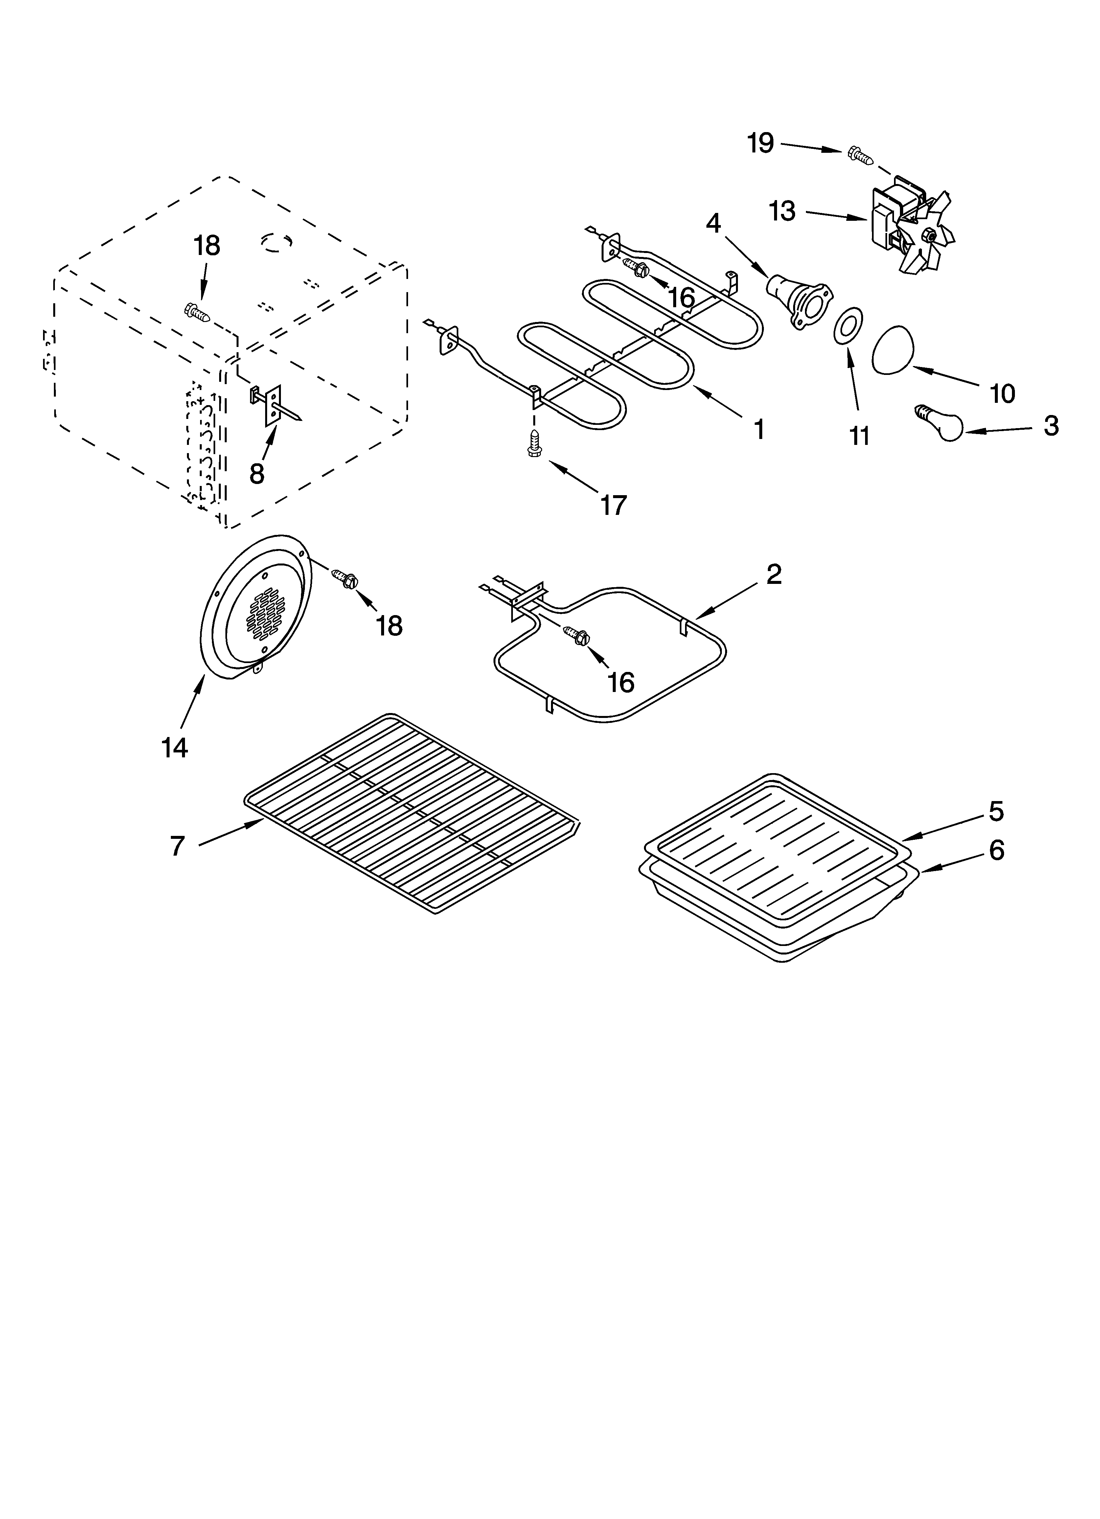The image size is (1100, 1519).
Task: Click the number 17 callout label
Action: click(613, 505)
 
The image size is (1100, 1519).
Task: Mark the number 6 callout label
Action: click(996, 851)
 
